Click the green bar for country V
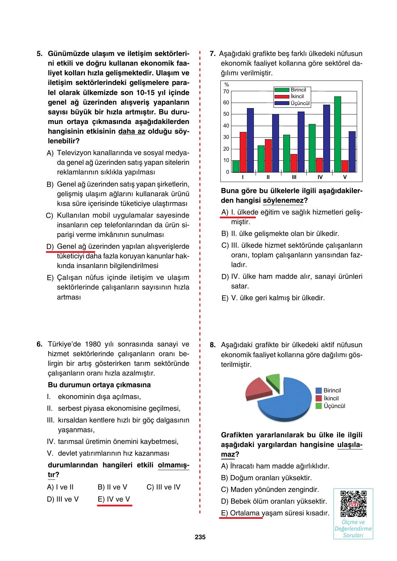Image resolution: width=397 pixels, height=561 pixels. pos(337,134)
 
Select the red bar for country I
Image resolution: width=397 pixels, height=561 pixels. pos(243,152)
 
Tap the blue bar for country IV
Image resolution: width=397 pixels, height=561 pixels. pos(326,138)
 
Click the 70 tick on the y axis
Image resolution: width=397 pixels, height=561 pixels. pos(226,92)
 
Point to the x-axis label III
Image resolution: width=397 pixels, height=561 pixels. pos(294,177)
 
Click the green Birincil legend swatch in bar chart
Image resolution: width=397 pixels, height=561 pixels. pos(282,90)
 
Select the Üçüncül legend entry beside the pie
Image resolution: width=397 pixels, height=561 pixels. pos(334,406)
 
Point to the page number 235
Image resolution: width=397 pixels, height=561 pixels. pos(200,537)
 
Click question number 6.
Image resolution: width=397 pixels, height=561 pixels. pos(40,344)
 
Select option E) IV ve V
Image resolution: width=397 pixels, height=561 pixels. pos(114,499)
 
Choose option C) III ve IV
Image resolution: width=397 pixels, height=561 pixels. pos(163,487)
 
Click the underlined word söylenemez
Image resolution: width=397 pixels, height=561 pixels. pos(283,200)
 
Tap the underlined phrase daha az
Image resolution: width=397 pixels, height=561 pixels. pos(131,132)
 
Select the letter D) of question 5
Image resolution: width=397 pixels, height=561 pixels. pos(50,247)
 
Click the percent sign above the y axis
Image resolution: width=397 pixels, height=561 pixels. pos(227,85)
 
